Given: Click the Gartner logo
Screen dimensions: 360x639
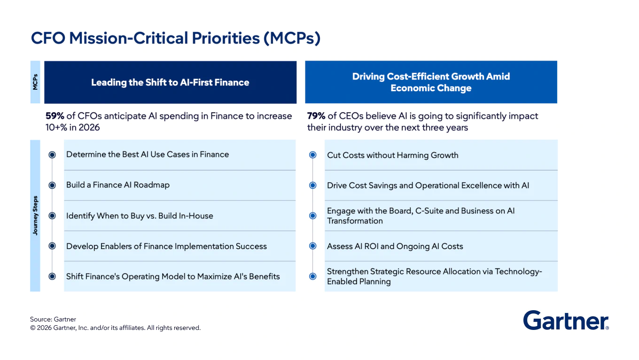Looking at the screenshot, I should tap(566, 321).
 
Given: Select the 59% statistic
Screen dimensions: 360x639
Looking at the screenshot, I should tap(55, 116).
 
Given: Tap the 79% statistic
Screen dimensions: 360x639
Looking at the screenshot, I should tap(316, 116).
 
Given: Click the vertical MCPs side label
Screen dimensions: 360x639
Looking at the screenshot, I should tap(35, 82).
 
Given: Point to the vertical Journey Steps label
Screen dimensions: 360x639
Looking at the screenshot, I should tap(35, 216).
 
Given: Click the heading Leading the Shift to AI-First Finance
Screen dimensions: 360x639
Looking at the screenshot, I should tap(170, 82).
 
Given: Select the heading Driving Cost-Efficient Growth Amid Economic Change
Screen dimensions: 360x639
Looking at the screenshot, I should tap(431, 82).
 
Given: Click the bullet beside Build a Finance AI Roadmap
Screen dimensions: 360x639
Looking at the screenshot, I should tap(52, 185).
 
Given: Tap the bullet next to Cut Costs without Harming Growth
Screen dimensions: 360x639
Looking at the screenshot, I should tap(312, 155).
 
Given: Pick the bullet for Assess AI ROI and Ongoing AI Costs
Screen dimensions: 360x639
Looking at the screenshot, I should tap(312, 246).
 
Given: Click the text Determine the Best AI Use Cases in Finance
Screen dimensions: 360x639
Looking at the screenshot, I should tap(148, 155).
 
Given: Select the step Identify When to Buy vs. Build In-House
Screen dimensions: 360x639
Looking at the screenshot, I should tap(140, 216).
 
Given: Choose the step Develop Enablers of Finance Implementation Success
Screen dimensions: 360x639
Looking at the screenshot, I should tap(166, 246).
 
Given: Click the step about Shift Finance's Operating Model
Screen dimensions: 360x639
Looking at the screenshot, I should tap(173, 277).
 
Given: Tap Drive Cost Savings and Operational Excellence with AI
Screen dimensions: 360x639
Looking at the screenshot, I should tap(428, 186).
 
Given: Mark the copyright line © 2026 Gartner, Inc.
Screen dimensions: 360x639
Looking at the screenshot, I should tap(115, 328).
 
